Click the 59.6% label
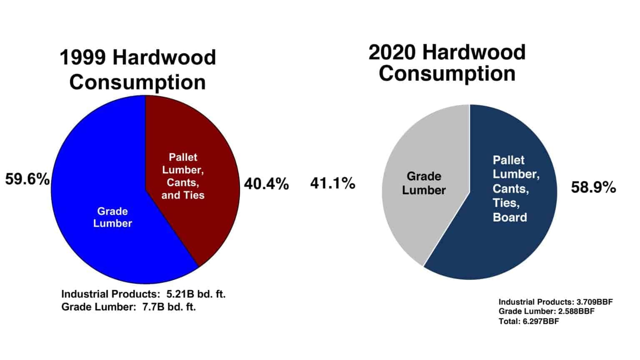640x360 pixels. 27,180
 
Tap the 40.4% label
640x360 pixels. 266,184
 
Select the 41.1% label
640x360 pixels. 332,183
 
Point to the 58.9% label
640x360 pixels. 593,187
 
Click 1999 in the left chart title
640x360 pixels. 83,57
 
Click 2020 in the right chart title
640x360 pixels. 392,52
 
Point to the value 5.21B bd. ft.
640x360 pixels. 196,294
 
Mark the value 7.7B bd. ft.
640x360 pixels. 166,307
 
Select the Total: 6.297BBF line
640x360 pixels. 529,321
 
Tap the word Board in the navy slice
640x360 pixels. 510,217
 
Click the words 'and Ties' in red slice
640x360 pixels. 183,195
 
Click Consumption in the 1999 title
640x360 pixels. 137,82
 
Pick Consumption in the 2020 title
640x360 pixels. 447,73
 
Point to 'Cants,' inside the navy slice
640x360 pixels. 510,189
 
